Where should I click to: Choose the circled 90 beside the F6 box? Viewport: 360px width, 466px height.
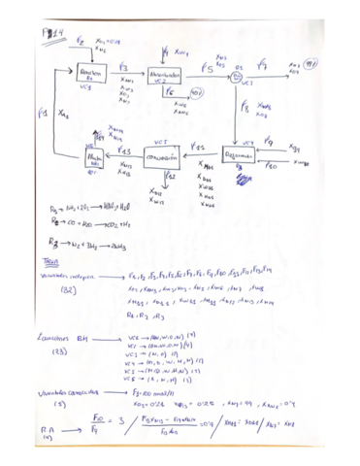(197, 92)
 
